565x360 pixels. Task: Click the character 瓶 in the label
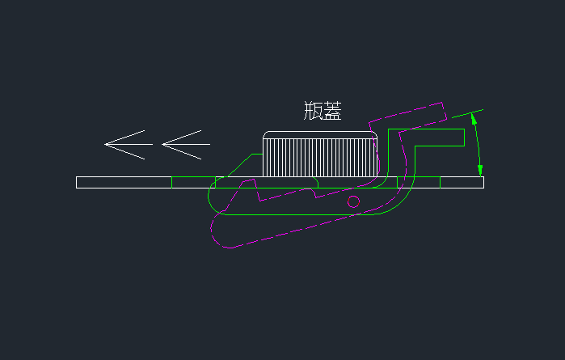313,110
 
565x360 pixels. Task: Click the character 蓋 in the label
332,110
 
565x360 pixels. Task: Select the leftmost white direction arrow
129,144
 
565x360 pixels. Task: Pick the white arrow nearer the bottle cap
186,144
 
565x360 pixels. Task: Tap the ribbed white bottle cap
320,154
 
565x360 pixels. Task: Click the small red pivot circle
353,201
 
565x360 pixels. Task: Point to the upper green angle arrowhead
474,119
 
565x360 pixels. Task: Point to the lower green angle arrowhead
480,171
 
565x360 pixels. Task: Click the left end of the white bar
77,182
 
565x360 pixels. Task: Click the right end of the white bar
483,182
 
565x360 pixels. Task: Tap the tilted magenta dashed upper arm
408,117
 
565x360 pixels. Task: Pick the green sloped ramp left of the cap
239,165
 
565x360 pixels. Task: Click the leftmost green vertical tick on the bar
172,182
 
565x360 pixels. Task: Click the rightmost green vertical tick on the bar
440,182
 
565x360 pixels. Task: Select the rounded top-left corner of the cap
266,133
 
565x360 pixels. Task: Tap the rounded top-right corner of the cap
375,133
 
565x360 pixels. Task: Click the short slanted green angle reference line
467,113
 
